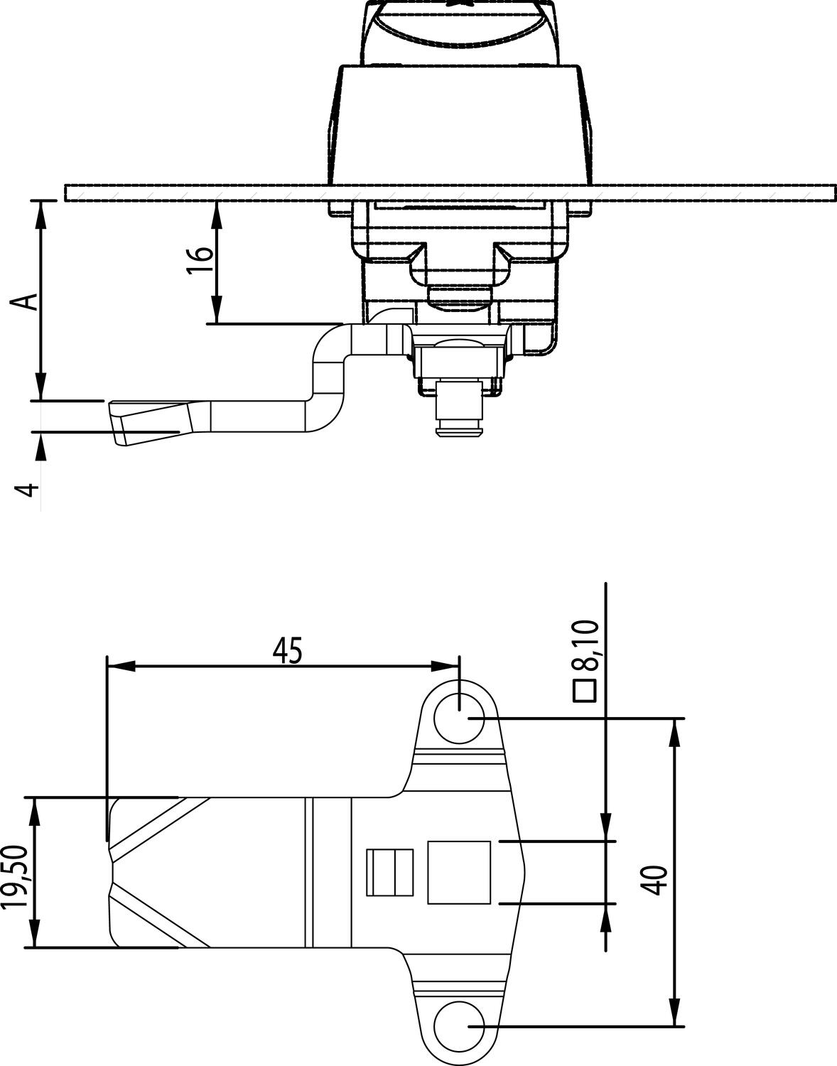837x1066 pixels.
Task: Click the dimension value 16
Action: pos(200,261)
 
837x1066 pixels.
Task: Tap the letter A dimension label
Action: pos(25,302)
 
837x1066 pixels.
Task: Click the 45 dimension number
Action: pos(288,650)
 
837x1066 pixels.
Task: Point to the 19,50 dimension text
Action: pos(18,877)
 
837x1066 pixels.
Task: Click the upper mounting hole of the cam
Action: pos(460,719)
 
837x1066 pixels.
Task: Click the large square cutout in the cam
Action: pos(459,872)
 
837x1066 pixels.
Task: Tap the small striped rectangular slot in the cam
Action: pos(390,872)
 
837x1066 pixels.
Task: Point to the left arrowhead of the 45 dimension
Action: pos(121,666)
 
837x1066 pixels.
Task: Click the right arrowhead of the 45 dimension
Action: pos(445,666)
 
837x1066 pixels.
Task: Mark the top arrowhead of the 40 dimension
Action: pos(676,733)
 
